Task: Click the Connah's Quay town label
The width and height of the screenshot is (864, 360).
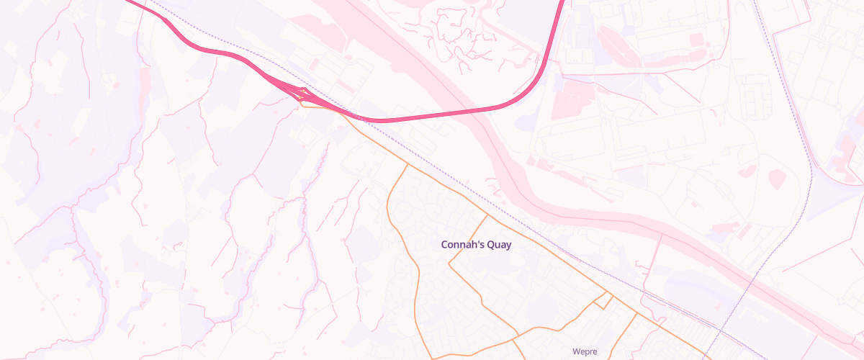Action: [x=476, y=245]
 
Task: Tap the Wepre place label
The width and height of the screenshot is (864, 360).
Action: [x=585, y=351]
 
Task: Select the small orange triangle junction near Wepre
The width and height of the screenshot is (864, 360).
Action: [x=603, y=302]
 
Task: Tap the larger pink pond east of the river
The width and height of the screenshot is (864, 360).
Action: [x=777, y=179]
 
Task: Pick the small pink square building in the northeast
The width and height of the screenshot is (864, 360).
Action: [x=696, y=40]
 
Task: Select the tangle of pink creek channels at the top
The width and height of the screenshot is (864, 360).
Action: [x=450, y=32]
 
